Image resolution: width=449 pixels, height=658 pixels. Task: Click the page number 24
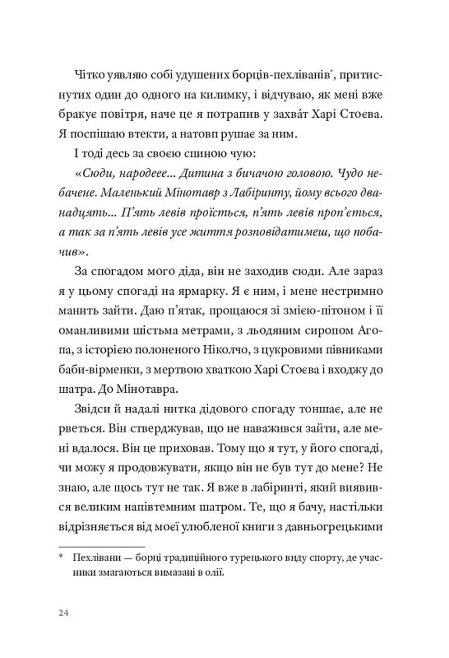click(64, 613)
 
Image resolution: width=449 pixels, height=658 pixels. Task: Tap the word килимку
click(198, 95)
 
